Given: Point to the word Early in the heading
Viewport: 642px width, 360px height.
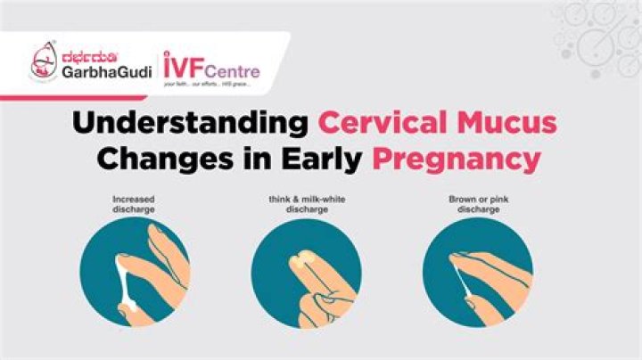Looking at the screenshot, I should [324, 160].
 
